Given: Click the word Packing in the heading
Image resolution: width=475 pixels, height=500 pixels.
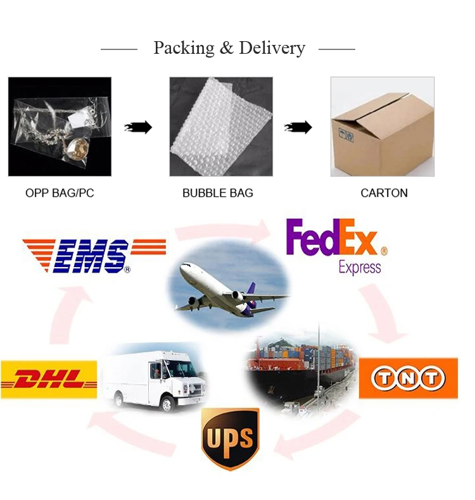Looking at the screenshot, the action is coord(183,48).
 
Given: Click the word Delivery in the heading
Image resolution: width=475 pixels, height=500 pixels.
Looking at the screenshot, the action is coord(272,48).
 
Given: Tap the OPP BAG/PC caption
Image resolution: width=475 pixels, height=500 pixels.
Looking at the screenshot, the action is coord(60,193).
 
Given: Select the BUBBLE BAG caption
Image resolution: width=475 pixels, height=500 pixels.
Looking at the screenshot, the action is coord(218,193).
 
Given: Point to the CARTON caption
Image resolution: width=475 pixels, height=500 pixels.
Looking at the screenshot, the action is coord(384,193).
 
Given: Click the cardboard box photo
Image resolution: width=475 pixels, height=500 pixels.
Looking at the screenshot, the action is coord(383,127).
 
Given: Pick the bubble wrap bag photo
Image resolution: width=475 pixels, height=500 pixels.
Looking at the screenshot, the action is coord(221,127).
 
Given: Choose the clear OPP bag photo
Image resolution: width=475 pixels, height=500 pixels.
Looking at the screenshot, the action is coord(60,127).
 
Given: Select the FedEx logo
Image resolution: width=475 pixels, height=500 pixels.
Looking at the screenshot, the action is coord(332,237).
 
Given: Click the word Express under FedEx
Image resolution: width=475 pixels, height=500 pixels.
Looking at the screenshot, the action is coord(360,267).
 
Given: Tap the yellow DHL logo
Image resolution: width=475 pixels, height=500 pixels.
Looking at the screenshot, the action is coord(49,379).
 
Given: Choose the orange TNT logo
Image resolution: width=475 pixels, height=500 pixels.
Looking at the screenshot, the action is coord(408,378).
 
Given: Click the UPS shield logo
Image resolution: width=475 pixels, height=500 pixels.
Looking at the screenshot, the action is coord(231,437).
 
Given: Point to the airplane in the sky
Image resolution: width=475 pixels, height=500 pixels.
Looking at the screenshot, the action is coord(228,288).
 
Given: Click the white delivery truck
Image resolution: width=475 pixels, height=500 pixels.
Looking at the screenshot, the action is coord(155,376).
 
